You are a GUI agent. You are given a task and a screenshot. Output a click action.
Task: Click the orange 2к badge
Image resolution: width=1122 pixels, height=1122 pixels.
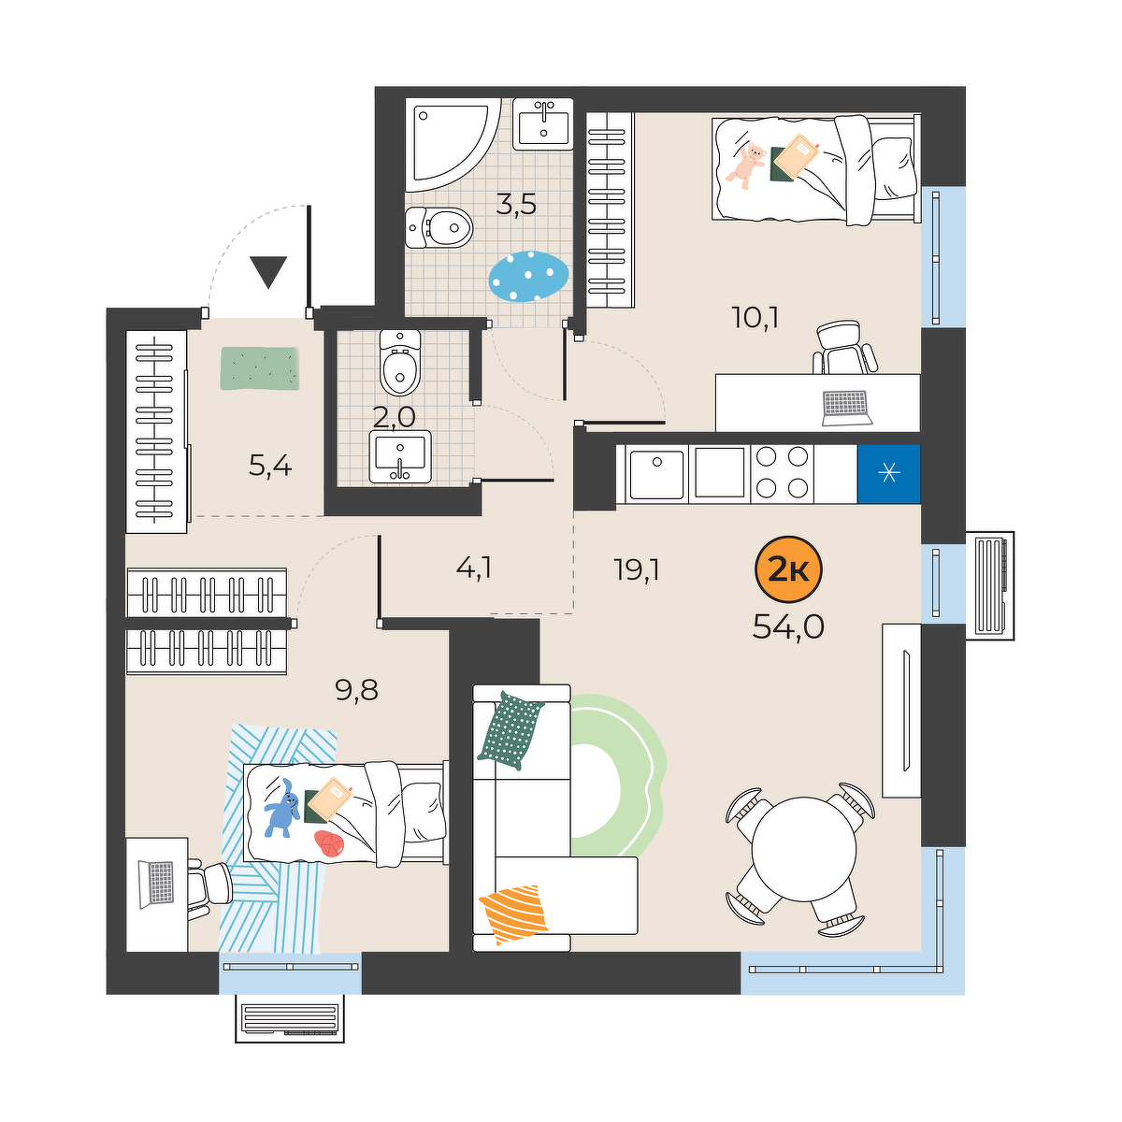tap(788, 569)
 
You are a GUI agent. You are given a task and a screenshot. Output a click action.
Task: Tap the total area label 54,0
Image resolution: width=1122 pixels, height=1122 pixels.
tap(788, 626)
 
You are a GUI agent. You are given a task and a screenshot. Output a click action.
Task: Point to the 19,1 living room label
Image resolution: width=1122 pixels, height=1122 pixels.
tap(637, 568)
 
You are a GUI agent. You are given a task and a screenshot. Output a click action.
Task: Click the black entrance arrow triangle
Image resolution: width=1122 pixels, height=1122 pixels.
tap(268, 272)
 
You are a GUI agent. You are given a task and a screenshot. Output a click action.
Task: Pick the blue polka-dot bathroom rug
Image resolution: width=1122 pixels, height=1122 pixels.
tap(529, 276)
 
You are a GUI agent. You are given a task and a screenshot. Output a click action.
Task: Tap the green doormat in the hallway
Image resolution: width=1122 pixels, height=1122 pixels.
tap(260, 368)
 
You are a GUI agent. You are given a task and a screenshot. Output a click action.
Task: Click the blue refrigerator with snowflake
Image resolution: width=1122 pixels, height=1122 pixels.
tap(888, 474)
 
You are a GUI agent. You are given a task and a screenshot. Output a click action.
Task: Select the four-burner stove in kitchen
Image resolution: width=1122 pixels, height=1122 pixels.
tap(782, 473)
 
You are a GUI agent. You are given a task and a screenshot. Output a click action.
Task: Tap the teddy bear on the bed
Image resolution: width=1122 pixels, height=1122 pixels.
tap(746, 165)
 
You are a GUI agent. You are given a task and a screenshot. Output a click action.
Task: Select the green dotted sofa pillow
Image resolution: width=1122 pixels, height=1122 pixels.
tap(511, 731)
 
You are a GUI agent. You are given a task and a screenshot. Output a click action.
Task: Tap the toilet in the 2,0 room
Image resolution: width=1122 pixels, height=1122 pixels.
tap(399, 364)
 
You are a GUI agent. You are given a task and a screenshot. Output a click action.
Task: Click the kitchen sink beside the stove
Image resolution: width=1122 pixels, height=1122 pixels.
tap(656, 473)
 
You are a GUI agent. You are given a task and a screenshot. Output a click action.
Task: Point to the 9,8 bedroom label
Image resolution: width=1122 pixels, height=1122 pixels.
tap(356, 691)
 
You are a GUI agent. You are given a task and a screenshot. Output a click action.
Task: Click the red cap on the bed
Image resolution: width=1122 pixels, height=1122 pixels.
tap(329, 843)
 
